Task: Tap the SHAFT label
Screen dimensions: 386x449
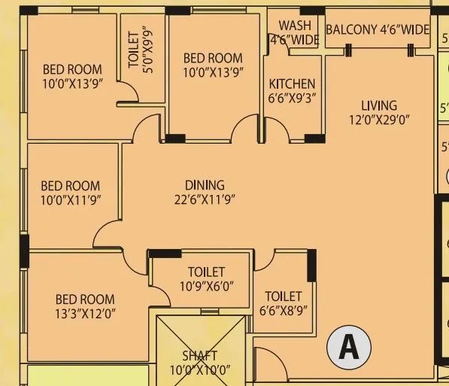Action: point(199,355)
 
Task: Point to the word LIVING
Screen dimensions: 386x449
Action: point(378,105)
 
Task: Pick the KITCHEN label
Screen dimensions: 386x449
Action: point(292,84)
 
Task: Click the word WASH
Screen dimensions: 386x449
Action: point(294,26)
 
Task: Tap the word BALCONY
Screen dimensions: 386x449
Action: point(352,30)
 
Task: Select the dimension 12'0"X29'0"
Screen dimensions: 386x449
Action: point(378,119)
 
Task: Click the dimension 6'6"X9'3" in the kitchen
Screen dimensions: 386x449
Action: point(292,97)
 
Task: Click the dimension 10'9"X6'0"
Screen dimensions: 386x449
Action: point(205,286)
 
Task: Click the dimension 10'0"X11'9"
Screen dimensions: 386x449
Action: point(70,199)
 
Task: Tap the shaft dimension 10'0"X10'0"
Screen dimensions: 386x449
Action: point(199,369)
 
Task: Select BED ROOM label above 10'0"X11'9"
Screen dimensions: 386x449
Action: point(70,186)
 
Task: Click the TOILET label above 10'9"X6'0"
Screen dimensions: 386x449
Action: point(205,272)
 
